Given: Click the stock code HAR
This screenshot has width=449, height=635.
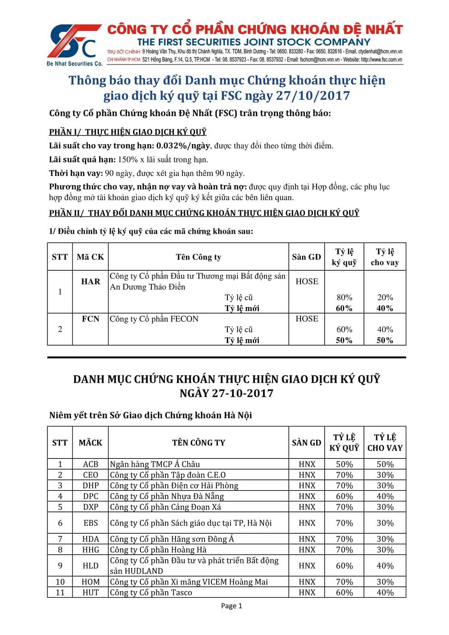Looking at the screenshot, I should (91, 282).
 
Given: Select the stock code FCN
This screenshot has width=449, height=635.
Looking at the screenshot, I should (91, 319).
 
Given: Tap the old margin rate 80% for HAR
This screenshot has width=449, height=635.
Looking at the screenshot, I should (344, 297).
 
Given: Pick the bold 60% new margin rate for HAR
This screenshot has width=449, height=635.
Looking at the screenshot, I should (344, 308).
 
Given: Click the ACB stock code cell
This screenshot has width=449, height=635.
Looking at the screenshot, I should (91, 464).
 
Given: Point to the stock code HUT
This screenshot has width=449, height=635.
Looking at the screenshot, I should (91, 593).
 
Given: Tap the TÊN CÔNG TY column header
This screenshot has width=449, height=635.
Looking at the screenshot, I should (199, 442).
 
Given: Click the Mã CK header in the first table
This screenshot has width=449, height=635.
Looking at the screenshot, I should (90, 257).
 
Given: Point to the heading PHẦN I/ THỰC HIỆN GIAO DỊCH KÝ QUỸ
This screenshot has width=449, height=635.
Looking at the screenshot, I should (128, 132).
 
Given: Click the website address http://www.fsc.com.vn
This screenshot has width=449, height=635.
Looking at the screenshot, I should (381, 60).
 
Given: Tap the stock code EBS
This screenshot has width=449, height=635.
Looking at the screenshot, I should (91, 523).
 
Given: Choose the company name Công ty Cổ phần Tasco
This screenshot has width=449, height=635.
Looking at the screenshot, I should (151, 593).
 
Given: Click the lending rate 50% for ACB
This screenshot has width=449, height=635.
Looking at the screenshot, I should (385, 464).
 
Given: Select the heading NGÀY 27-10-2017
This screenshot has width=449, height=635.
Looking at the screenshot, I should (227, 393).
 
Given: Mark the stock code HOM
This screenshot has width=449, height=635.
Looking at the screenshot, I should (91, 582).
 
